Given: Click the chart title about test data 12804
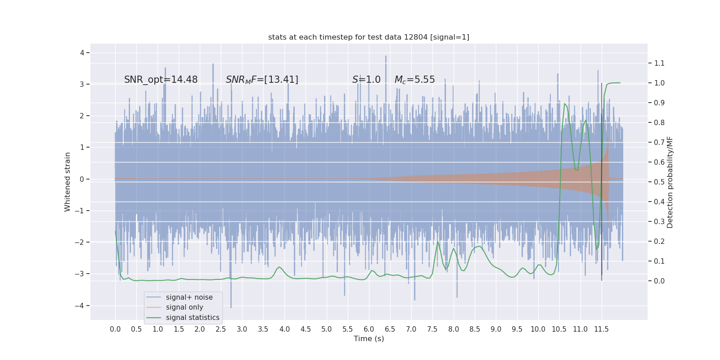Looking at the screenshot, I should pos(369,37).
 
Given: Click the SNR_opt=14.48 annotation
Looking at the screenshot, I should pos(161,80).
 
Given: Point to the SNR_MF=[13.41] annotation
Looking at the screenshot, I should pos(262,80).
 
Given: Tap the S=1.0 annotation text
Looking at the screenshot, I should pos(366,80).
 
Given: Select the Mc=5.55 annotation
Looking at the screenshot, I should pos(414,80).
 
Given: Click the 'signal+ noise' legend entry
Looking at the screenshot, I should pos(189,297).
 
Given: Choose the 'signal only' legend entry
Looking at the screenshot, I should pos(184,307).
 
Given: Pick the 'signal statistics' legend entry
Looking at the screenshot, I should pos(192,318).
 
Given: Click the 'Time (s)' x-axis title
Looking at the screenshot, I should pos(369,338).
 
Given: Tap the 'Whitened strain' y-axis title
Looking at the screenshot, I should pos(67,182).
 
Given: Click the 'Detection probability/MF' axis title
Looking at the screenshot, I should pos(670,182).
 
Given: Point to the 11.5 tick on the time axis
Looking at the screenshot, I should pos(601,329).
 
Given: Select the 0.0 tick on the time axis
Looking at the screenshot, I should pos(115,329).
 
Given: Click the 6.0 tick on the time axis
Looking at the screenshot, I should pos(369,329).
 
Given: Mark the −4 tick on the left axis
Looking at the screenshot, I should pos(82,306).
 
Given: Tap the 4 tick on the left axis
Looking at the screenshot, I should pos(82,53).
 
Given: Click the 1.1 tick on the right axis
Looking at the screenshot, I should pos(659,63).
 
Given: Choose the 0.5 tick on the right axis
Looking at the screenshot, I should pos(659,182).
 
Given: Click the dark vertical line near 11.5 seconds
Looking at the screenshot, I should pos(602,180).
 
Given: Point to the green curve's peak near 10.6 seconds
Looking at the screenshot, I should pos(564,104).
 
